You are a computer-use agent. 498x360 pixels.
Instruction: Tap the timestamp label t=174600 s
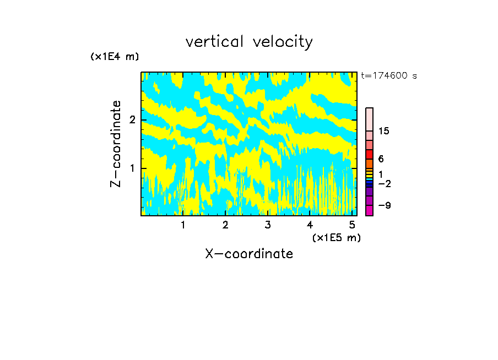point(389,76)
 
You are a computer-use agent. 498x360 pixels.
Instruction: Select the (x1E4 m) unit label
point(115,57)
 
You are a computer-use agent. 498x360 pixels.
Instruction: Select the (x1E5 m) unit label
point(337,237)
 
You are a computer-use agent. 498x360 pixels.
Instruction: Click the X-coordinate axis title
point(249,254)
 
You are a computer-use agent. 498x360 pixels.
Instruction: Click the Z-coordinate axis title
point(116,144)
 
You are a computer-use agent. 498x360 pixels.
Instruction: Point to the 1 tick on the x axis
point(183,225)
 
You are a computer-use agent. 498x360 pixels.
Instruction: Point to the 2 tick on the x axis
point(225,225)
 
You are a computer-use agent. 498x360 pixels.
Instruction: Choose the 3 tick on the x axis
point(268,225)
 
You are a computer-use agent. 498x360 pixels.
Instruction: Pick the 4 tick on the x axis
point(310,225)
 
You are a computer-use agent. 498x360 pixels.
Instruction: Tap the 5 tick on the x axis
point(352,225)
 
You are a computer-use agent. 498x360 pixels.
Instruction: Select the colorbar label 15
point(384,131)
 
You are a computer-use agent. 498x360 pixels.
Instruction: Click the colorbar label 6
point(381,159)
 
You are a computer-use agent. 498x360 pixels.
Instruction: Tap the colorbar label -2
point(384,183)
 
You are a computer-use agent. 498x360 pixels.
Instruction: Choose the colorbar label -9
point(384,205)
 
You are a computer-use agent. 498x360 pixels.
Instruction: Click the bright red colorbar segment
point(370,154)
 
